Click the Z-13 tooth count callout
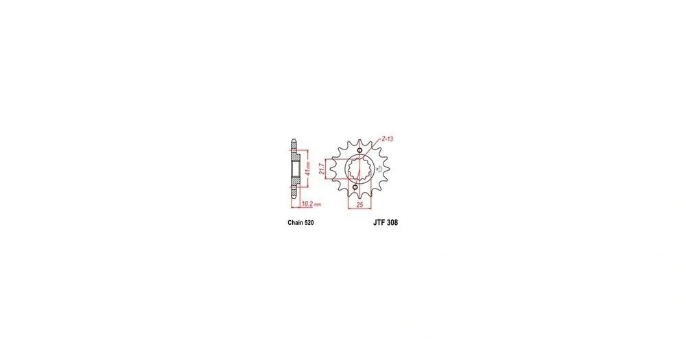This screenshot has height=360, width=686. click(x=387, y=139)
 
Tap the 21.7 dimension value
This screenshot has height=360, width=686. click(x=322, y=169)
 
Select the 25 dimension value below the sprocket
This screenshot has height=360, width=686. click(x=359, y=205)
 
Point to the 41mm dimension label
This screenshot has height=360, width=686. click(x=307, y=169)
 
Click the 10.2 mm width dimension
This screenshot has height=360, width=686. click(x=311, y=204)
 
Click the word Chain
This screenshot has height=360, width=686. click(x=295, y=223)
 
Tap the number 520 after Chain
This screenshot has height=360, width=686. click(x=309, y=223)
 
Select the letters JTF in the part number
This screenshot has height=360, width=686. click(x=379, y=223)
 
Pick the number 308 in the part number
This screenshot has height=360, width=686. click(x=392, y=223)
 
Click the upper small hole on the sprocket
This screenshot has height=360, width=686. click(x=359, y=150)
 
